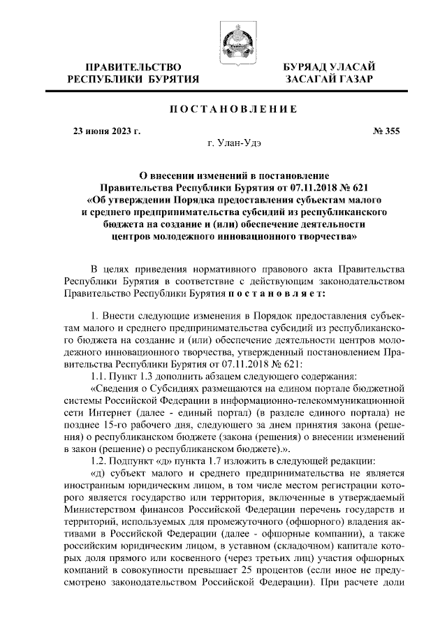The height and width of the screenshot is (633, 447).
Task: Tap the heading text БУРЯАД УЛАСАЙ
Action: click(328, 66)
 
